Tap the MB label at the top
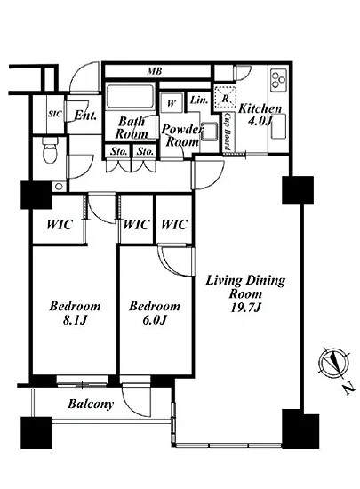[155, 71]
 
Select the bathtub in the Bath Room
[130, 96]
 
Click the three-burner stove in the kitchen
[278, 79]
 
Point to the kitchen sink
[278, 126]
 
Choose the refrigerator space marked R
[225, 98]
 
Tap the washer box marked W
[172, 102]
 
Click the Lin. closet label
[199, 100]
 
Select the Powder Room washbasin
[210, 132]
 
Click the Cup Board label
[228, 131]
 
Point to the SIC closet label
[55, 114]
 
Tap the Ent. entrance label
[85, 116]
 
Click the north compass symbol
[333, 364]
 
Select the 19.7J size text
[245, 308]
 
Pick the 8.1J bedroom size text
[75, 320]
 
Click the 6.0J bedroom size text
[155, 320]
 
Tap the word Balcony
[91, 404]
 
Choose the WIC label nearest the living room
[174, 225]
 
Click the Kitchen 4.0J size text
[260, 121]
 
